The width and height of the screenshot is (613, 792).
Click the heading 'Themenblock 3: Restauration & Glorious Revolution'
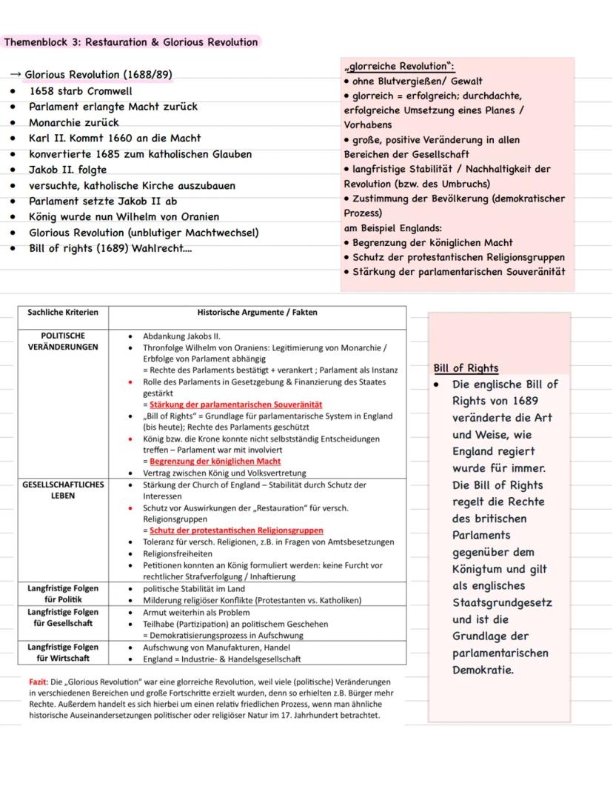(131, 42)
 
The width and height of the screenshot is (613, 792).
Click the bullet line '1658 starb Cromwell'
(80, 91)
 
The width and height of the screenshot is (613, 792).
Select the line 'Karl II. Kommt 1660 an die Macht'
(115, 139)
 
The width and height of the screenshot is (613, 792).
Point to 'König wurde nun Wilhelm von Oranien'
(124, 217)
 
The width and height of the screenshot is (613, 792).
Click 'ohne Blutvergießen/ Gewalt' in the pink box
(418, 81)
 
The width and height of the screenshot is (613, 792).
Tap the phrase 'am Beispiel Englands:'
(393, 228)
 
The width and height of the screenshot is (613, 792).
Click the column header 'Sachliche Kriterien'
(63, 313)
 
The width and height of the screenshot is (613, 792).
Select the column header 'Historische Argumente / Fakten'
(257, 313)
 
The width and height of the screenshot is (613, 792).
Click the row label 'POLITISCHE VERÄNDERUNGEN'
(63, 341)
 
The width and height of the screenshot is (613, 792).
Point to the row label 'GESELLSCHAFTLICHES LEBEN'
(63, 490)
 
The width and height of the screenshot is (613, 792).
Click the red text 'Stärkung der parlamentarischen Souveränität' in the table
(235, 405)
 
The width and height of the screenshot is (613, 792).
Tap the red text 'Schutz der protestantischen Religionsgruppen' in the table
(236, 530)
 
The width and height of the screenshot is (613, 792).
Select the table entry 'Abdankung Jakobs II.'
(177, 336)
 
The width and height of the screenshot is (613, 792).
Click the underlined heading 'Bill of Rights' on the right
(466, 368)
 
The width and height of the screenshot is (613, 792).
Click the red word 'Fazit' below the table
(38, 682)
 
